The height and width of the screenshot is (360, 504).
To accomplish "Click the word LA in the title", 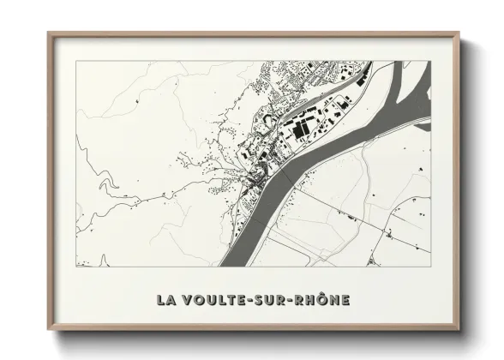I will coord(166,300).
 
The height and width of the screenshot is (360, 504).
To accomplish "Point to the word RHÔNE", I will coord(322,300).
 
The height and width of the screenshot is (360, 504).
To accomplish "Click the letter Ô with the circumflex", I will coord(321,299).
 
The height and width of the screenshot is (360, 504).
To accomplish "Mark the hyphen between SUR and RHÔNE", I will coord(293,301).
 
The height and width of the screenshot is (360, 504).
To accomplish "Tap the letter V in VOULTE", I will coord(188,300).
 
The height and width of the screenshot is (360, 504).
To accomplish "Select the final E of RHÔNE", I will coord(345,300).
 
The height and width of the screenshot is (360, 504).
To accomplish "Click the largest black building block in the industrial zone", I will coord(301,130).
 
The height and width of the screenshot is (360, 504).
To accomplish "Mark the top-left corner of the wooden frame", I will coord(50,34).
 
